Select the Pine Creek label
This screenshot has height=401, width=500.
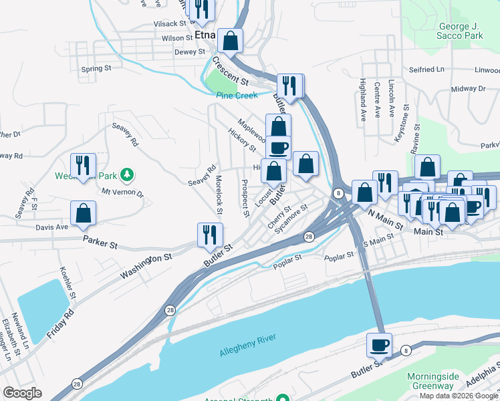pyautogui.click(x=237, y=96)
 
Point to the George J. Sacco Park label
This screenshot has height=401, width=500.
pyautogui.click(x=451, y=31)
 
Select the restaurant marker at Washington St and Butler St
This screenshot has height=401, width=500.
pyautogui.click(x=210, y=234)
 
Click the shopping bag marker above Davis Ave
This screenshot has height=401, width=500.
pyautogui.click(x=83, y=213)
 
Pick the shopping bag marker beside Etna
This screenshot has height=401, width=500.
pyautogui.click(x=230, y=41)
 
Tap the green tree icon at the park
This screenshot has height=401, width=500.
pyautogui.click(x=126, y=176)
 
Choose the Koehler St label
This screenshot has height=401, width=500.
pyautogui.click(x=67, y=283)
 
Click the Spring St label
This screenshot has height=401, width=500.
pyautogui.click(x=96, y=68)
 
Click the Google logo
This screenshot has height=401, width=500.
pyautogui.click(x=22, y=393)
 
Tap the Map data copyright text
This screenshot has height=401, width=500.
pyautogui.click(x=459, y=396)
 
